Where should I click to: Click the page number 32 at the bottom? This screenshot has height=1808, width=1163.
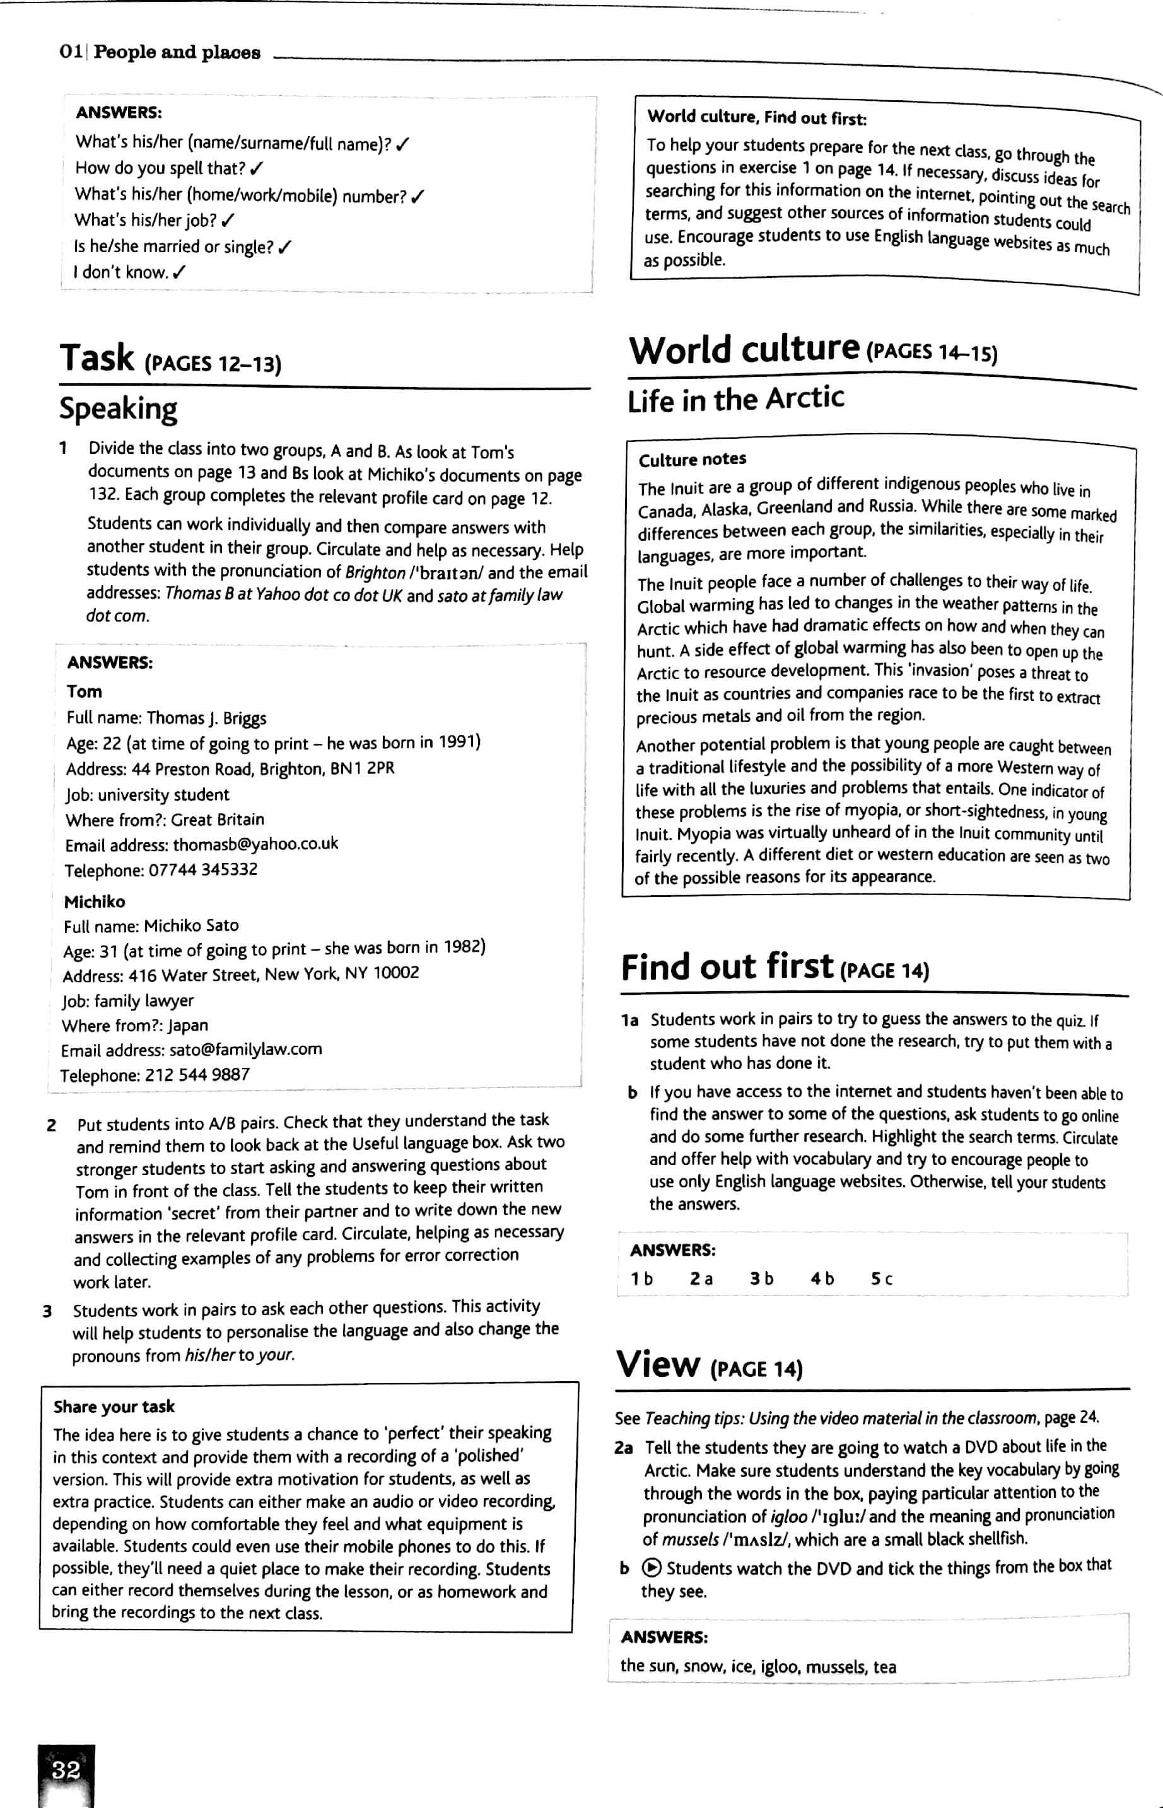pyautogui.click(x=66, y=1770)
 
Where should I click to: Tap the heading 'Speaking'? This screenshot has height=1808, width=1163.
pyautogui.click(x=119, y=409)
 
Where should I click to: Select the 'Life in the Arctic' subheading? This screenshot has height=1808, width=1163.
pyautogui.click(x=735, y=398)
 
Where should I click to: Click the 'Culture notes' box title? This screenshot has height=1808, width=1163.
pyautogui.click(x=693, y=459)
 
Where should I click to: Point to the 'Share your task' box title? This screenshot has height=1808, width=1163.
pyautogui.click(x=114, y=1406)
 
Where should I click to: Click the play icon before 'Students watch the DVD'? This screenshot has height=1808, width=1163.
pyautogui.click(x=651, y=1568)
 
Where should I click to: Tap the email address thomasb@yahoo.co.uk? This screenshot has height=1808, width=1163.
pyautogui.click(x=255, y=843)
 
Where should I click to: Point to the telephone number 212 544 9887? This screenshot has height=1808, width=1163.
pyautogui.click(x=197, y=1074)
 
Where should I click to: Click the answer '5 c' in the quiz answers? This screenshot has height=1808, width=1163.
pyautogui.click(x=881, y=1279)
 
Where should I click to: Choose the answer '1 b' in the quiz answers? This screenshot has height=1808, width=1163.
pyautogui.click(x=642, y=1279)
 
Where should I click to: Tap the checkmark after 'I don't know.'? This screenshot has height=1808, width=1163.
pyautogui.click(x=179, y=272)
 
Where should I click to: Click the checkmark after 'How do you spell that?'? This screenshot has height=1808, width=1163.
pyautogui.click(x=259, y=168)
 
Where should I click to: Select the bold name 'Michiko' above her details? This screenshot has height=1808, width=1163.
pyautogui.click(x=95, y=901)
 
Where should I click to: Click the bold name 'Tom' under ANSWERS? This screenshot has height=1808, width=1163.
pyautogui.click(x=84, y=692)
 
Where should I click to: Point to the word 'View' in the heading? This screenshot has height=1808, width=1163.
pyautogui.click(x=658, y=1364)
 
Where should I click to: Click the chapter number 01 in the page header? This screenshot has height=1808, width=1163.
pyautogui.click(x=71, y=52)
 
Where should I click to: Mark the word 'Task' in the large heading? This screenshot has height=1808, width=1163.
pyautogui.click(x=97, y=358)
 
